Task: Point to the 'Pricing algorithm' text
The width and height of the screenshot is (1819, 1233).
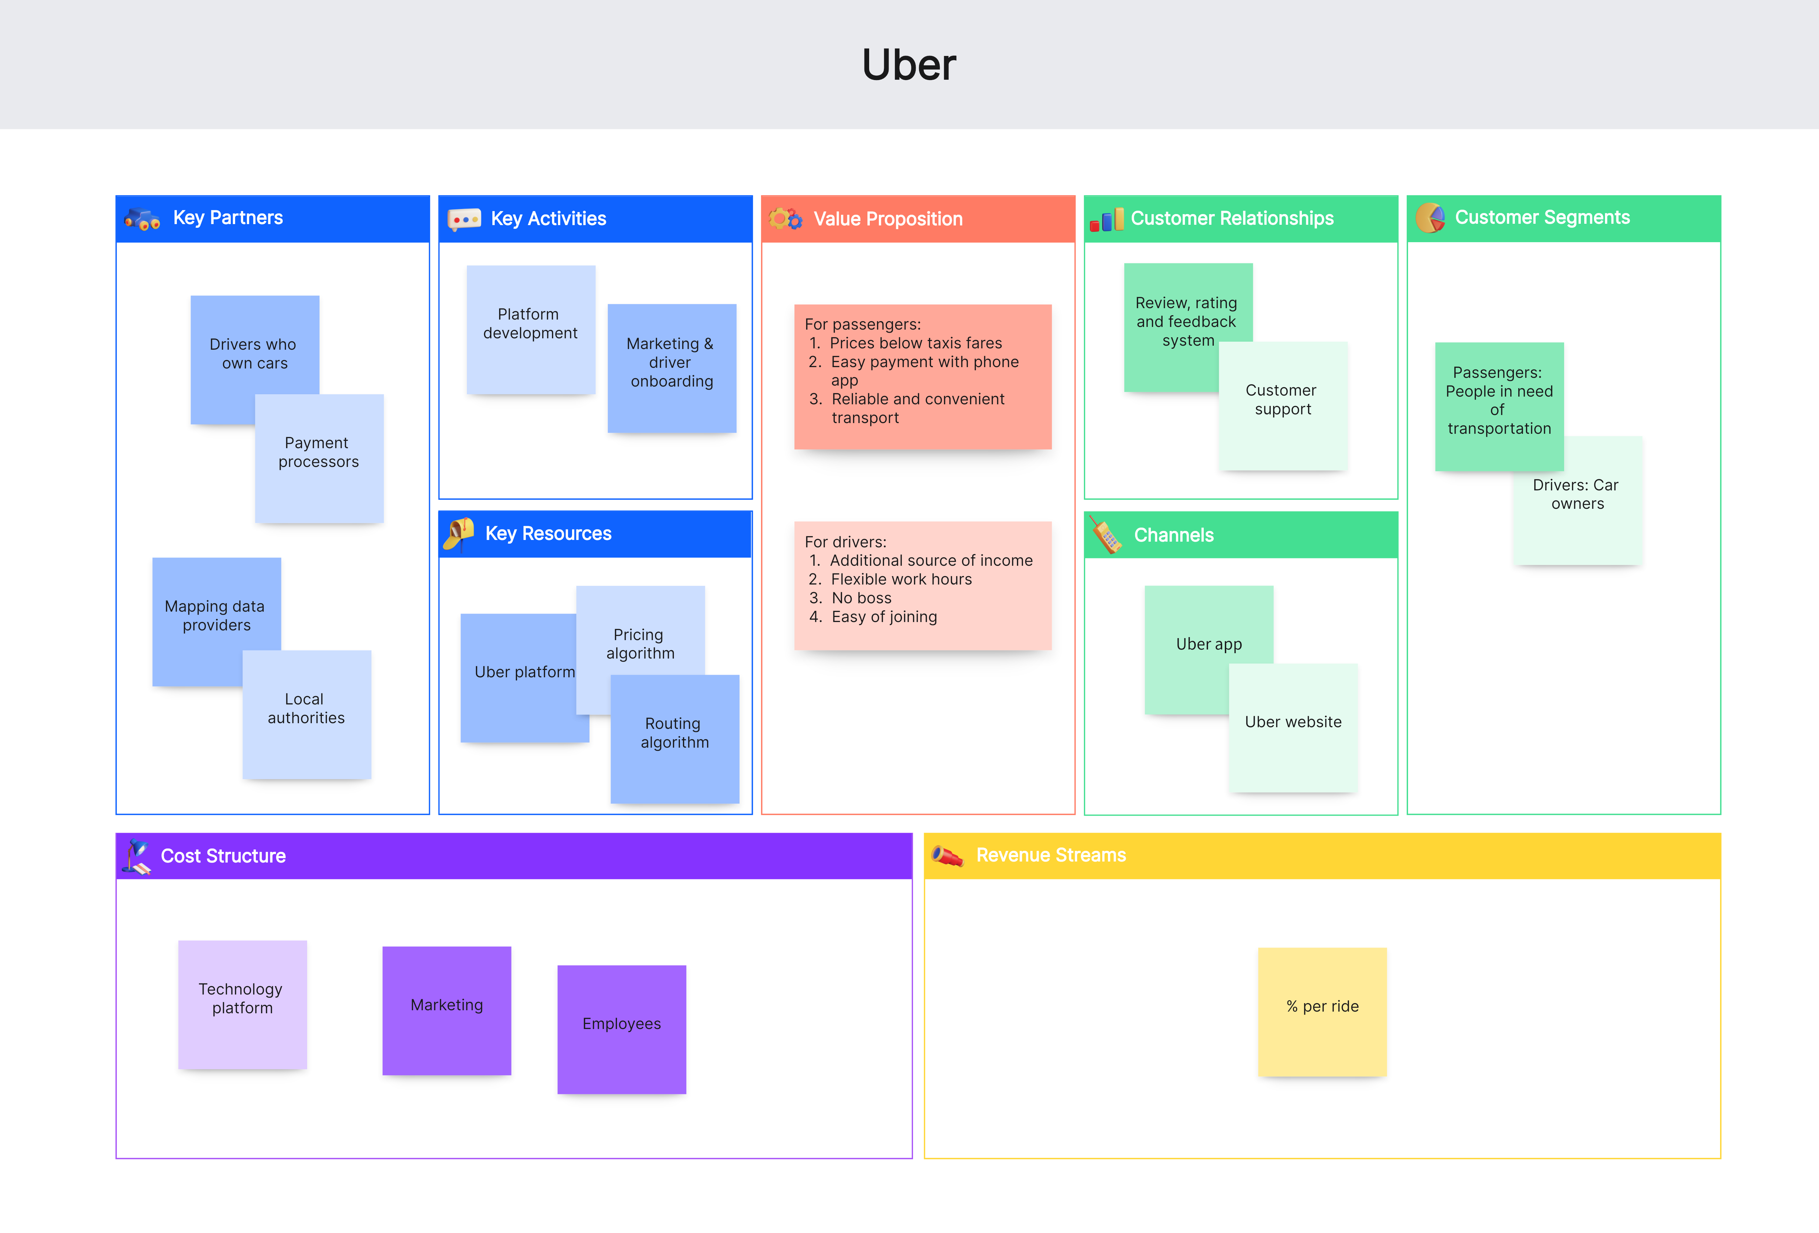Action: pyautogui.click(x=639, y=643)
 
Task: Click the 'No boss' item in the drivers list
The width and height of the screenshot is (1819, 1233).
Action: pyautogui.click(x=861, y=598)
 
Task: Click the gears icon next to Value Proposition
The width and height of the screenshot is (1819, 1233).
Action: pyautogui.click(x=785, y=219)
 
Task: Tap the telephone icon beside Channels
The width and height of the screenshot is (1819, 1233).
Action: pyautogui.click(x=1106, y=536)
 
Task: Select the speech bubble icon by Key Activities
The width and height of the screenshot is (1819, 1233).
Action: pyautogui.click(x=464, y=219)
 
